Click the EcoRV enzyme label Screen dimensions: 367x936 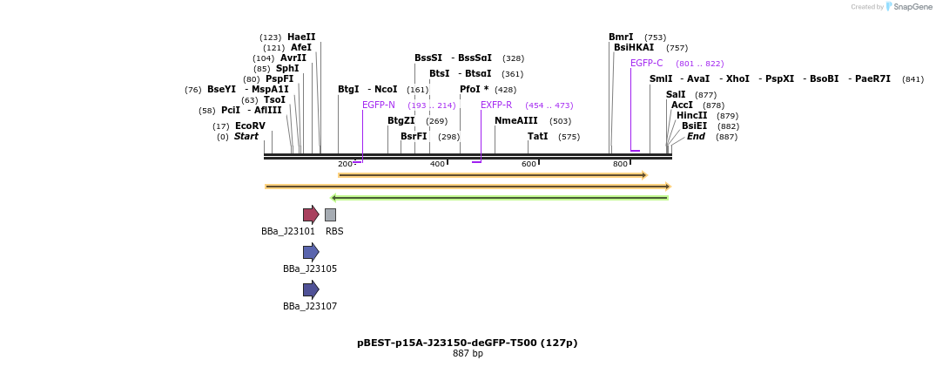click(250, 126)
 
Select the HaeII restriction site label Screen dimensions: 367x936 click(301, 37)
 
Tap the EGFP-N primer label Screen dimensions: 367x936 click(378, 105)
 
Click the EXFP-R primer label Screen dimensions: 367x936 click(496, 105)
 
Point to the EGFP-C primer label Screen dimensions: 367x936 click(646, 64)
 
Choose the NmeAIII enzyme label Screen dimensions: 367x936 click(515, 121)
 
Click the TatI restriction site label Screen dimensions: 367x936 click(537, 137)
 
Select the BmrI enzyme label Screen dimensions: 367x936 click(621, 37)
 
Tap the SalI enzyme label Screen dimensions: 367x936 click(676, 95)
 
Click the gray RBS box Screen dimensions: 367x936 click(330, 214)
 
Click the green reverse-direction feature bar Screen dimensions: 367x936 click(500, 198)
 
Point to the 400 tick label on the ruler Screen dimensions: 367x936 click(437, 164)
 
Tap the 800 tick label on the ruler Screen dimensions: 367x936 click(620, 164)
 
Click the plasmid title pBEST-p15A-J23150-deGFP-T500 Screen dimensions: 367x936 click(467, 343)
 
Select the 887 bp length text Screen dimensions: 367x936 click(468, 354)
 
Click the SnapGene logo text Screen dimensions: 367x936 click(912, 7)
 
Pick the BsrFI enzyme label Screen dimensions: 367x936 click(414, 137)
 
